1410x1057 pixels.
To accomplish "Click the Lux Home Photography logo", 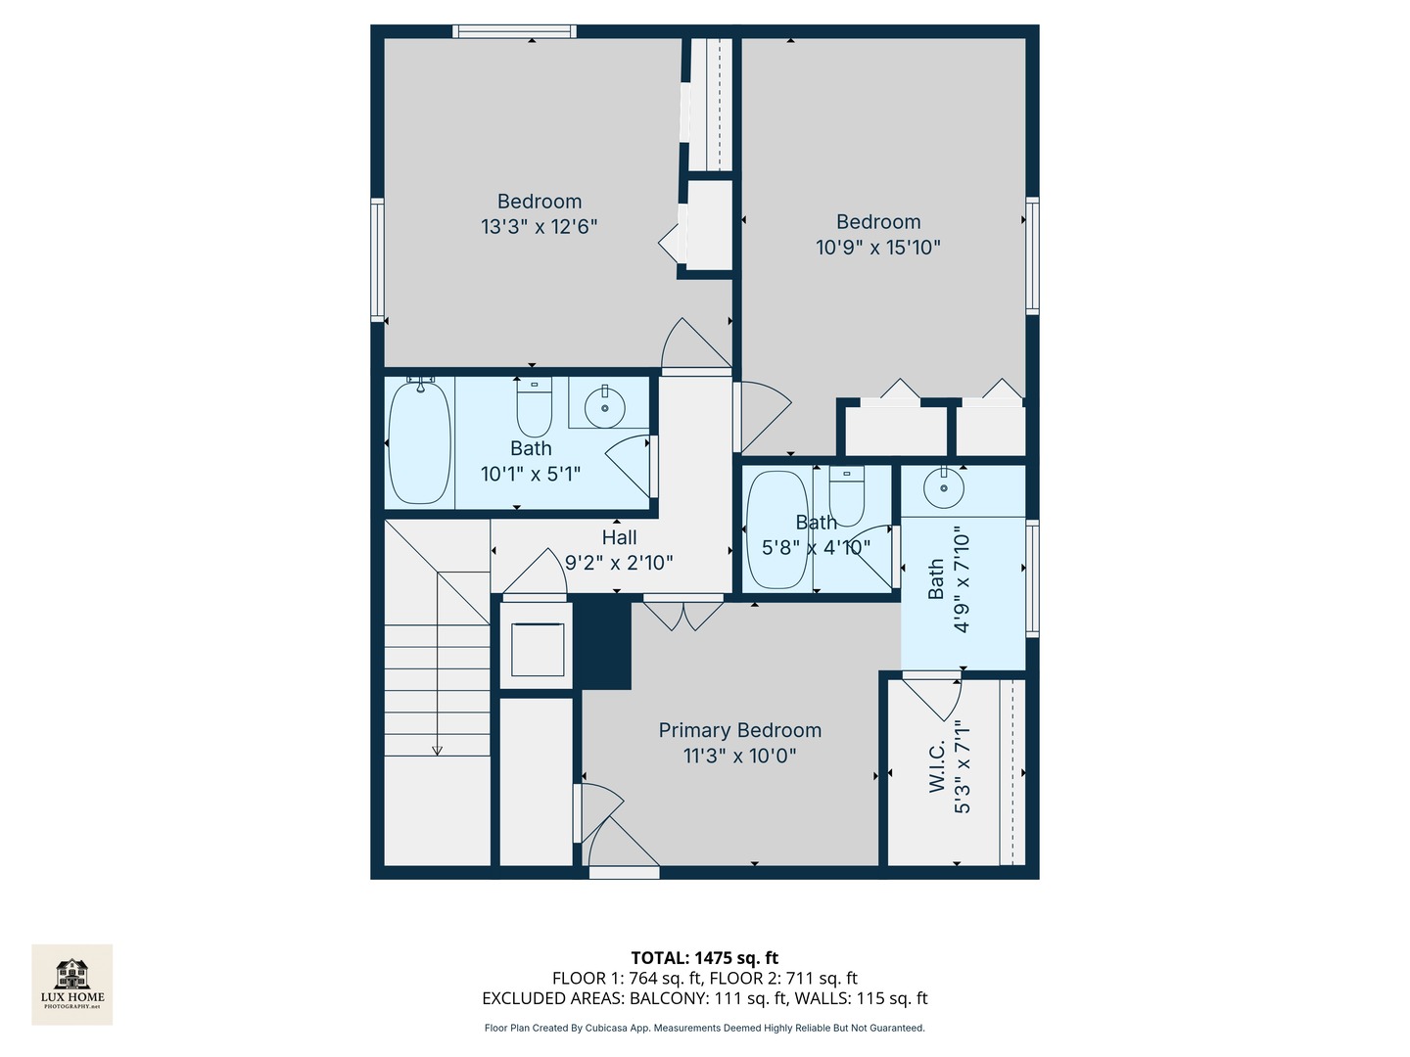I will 71,984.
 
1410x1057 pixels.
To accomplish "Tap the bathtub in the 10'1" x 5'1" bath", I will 419,442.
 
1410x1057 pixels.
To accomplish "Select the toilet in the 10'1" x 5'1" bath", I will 534,408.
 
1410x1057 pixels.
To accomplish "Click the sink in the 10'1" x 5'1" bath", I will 604,407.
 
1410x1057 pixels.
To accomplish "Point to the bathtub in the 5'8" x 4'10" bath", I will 777,529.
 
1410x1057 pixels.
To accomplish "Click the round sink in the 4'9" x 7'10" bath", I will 943,488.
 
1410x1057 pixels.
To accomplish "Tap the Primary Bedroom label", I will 739,730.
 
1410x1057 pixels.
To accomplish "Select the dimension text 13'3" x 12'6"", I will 539,227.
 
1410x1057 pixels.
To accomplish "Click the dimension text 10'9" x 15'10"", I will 877,248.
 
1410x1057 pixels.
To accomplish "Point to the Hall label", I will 619,537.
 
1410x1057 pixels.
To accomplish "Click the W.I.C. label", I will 937,766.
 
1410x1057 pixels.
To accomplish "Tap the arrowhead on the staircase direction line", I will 437,751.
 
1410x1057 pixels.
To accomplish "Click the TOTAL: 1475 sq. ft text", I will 704,957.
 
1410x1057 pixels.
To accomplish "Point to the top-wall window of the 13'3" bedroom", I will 514,31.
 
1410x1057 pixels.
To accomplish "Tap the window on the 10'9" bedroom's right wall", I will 1032,255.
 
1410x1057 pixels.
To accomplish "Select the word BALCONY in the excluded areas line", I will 667,998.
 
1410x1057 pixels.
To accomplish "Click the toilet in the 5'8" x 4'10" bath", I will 847,497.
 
